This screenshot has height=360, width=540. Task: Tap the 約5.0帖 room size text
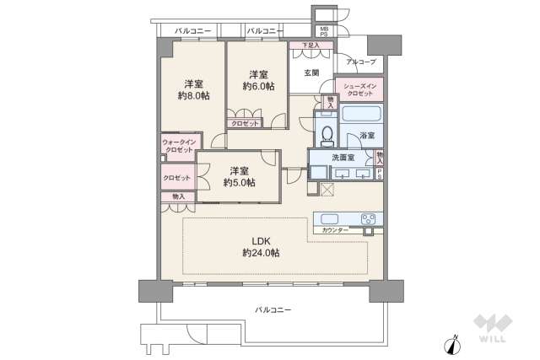[240, 182]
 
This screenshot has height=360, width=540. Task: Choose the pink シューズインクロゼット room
[359, 89]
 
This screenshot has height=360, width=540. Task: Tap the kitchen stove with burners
[369, 220]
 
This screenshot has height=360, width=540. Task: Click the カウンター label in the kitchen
[335, 230]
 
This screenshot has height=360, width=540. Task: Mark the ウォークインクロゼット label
[178, 145]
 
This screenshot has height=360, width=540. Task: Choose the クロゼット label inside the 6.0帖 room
[246, 123]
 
